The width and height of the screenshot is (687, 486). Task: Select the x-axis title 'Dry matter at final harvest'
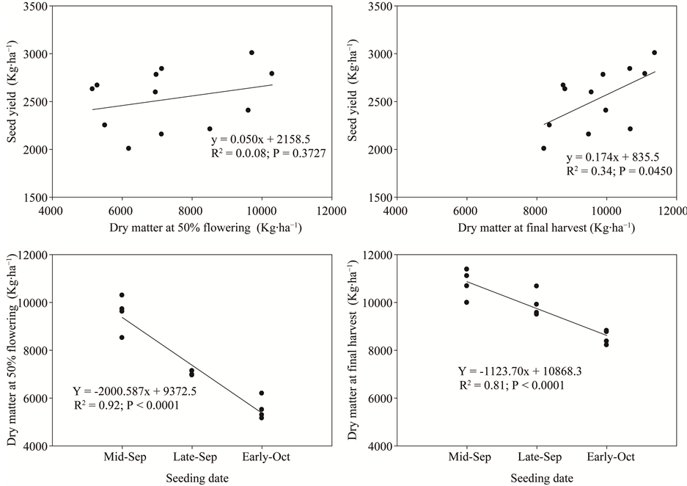(546, 228)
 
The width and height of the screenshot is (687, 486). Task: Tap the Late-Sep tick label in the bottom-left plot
(191, 457)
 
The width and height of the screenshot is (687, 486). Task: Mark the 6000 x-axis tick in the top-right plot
(466, 210)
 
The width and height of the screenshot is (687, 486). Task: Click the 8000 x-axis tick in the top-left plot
(191, 210)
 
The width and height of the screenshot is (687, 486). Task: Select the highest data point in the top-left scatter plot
(251, 53)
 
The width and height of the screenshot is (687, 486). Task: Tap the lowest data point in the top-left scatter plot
(128, 148)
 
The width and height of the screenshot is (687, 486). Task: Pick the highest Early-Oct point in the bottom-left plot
(262, 393)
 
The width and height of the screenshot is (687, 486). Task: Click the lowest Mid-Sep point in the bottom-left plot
(122, 338)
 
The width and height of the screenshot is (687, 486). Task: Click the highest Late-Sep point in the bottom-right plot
(536, 286)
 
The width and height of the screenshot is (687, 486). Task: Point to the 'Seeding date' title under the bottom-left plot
(191, 478)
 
